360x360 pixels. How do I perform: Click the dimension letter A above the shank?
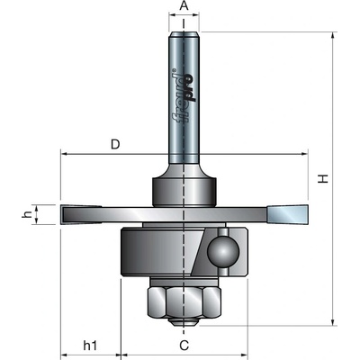pyautogui.click(x=184, y=6)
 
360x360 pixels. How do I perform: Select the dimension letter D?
pyautogui.click(x=115, y=145)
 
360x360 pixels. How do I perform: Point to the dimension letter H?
pyautogui.click(x=323, y=179)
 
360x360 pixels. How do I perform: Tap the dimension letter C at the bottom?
pyautogui.click(x=184, y=346)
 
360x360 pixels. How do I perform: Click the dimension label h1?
pyautogui.click(x=90, y=346)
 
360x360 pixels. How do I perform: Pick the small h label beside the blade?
pyautogui.click(x=28, y=214)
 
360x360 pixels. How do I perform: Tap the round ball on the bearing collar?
pyautogui.click(x=223, y=251)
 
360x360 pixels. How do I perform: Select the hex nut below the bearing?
pyautogui.click(x=184, y=301)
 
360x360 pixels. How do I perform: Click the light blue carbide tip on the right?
pyautogui.click(x=288, y=214)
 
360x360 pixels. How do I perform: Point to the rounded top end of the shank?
pyautogui.click(x=184, y=34)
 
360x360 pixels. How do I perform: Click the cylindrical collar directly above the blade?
pyautogui.click(x=184, y=192)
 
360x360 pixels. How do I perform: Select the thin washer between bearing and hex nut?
pyautogui.click(x=184, y=282)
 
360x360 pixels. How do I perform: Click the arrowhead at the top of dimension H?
pyautogui.click(x=332, y=35)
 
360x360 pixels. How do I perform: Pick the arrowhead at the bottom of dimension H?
pyautogui.click(x=332, y=322)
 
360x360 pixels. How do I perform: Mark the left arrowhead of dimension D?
pyautogui.click(x=64, y=154)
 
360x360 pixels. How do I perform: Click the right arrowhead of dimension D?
pyautogui.click(x=304, y=154)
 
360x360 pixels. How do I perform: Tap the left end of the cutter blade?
pyautogui.click(x=62, y=215)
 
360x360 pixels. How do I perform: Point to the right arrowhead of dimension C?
pyautogui.click(x=244, y=354)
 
